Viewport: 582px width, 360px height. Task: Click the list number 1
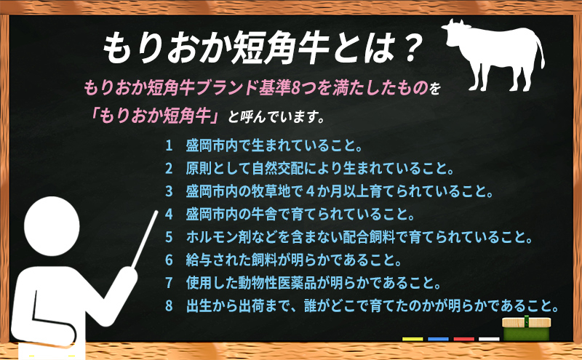[x=169, y=145]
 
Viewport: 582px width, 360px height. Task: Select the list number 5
[x=169, y=237]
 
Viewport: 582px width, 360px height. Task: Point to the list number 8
[x=169, y=305]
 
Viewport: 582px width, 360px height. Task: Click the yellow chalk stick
[x=412, y=339]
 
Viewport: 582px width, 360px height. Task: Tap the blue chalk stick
[x=438, y=339]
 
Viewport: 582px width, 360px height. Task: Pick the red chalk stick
[x=463, y=339]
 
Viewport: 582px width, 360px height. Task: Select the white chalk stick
[x=489, y=339]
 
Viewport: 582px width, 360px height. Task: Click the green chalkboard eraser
[x=526, y=329]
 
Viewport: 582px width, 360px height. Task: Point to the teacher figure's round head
[x=52, y=226]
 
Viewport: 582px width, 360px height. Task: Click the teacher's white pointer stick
[x=144, y=239]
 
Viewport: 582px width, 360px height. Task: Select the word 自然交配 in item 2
[x=278, y=168]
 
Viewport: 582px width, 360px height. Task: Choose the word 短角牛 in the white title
[x=279, y=47]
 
